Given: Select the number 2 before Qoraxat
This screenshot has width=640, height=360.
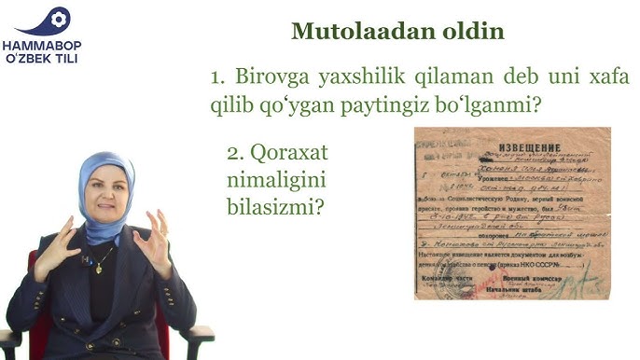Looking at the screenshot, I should pyautogui.click(x=234, y=152).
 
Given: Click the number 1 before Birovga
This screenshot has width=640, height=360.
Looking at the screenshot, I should pyautogui.click(x=217, y=78).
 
